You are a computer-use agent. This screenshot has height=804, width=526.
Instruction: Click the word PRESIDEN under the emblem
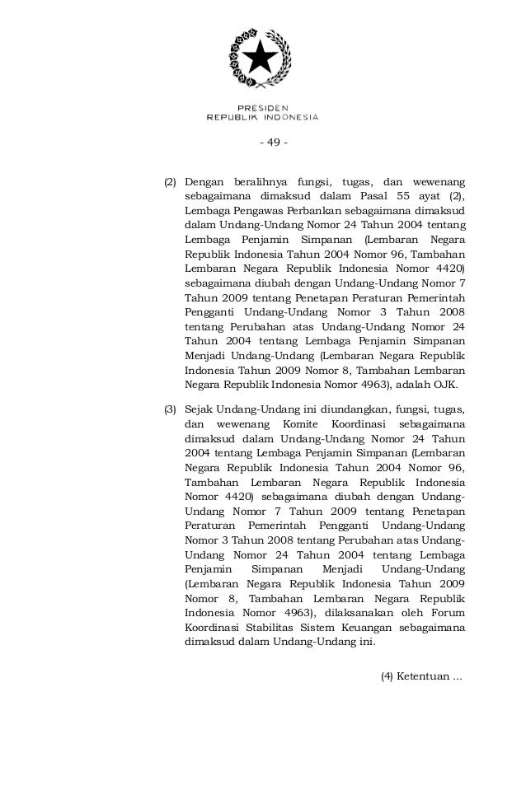tap(262, 107)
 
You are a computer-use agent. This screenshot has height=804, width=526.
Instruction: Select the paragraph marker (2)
tap(170, 180)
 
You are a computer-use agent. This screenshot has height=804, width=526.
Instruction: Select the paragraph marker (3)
tap(170, 409)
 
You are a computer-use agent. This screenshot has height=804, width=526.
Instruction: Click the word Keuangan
tap(364, 628)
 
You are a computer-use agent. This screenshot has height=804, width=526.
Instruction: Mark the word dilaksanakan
tap(359, 612)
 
